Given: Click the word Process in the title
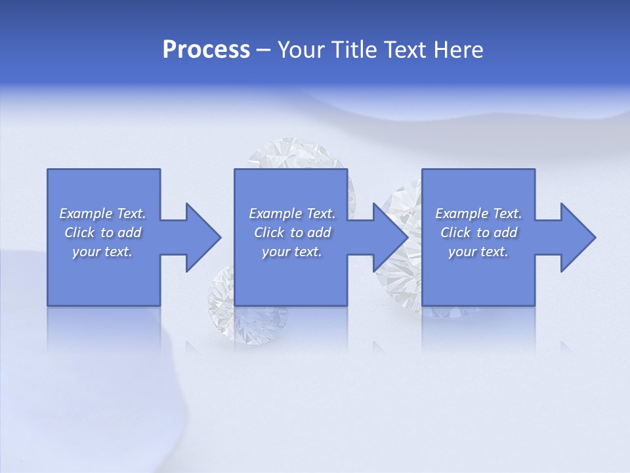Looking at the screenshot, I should [x=206, y=50].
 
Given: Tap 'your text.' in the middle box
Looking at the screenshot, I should [x=291, y=252].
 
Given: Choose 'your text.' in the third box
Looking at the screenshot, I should [x=478, y=252].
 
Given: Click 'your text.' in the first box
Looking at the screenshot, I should [x=102, y=252].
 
